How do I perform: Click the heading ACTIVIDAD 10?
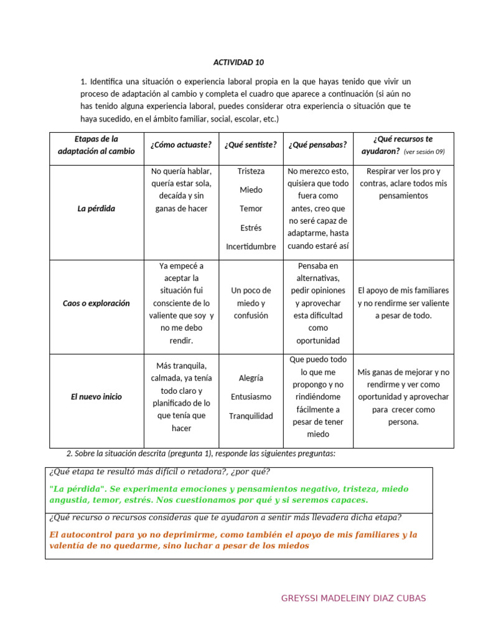238,62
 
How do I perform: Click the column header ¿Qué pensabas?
317,145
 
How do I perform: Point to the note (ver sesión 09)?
424,152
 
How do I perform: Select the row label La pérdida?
96,209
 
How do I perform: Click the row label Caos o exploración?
96,303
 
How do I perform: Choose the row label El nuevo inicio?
96,397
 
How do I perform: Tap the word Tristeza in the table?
251,171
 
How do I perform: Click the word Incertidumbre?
251,247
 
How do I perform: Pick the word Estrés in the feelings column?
251,228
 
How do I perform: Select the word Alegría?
251,378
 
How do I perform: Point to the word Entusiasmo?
251,397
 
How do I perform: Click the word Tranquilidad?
251,416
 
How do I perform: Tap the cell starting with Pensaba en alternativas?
317,303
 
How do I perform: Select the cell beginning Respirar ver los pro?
403,183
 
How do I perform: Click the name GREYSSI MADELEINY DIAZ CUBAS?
354,599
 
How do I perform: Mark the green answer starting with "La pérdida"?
228,495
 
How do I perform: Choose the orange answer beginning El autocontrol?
233,540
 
